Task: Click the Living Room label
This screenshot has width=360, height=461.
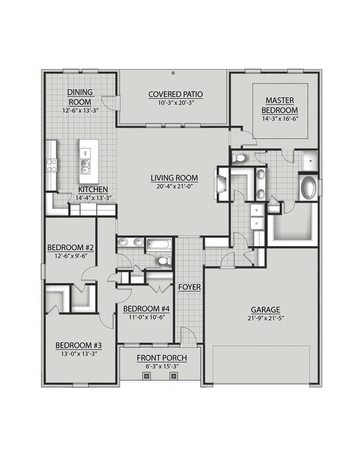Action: [174, 178]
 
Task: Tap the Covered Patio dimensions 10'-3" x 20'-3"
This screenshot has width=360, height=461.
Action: [176, 102]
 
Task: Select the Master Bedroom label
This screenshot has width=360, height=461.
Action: [280, 105]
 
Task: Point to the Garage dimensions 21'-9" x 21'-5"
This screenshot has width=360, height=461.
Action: [265, 318]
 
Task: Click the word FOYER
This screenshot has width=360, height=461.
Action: [189, 287]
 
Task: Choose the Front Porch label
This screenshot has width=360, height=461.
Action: [162, 358]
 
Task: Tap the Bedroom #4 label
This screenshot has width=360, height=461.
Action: [146, 309]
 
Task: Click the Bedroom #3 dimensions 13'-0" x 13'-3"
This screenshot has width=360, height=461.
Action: [79, 354]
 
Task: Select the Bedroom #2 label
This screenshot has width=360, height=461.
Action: [70, 247]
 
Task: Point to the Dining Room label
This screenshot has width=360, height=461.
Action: [80, 97]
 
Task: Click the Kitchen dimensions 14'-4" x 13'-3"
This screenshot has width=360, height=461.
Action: [93, 198]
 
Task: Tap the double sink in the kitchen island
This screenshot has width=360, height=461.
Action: [85, 167]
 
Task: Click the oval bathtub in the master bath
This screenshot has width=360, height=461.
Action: [308, 188]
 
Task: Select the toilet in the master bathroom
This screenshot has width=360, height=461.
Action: [238, 158]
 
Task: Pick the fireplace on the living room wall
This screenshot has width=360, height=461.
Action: [221, 184]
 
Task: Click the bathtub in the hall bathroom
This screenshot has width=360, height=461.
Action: [159, 244]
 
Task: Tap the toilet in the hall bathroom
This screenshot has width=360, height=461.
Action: [165, 261]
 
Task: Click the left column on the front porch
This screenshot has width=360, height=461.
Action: [147, 375]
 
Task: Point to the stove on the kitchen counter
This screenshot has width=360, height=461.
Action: [52, 165]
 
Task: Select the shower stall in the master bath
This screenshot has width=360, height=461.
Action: [310, 161]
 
